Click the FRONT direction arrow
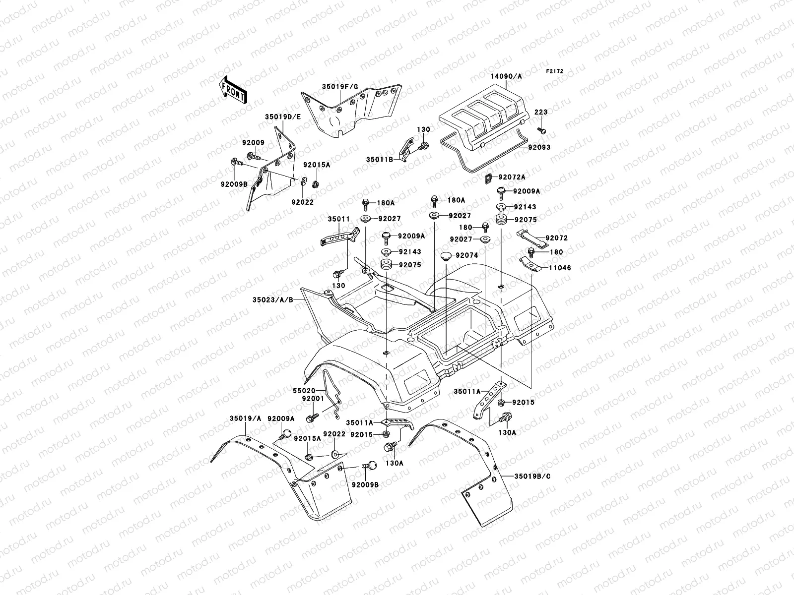coord(233,90)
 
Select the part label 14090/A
coord(506,76)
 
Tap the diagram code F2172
coord(554,71)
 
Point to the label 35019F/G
coord(340,87)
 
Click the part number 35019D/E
coord(283,117)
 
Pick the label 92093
coord(539,147)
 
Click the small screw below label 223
coord(541,130)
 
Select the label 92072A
coord(512,177)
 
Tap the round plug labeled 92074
coord(447,256)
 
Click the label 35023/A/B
coord(273,299)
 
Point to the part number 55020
coord(304,391)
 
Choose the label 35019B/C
coord(532,476)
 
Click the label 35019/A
coord(245,418)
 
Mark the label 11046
coord(560,268)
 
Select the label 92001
coord(313,399)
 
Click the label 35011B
coord(380,159)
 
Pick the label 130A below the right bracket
coord(507,432)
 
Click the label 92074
coord(466,255)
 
